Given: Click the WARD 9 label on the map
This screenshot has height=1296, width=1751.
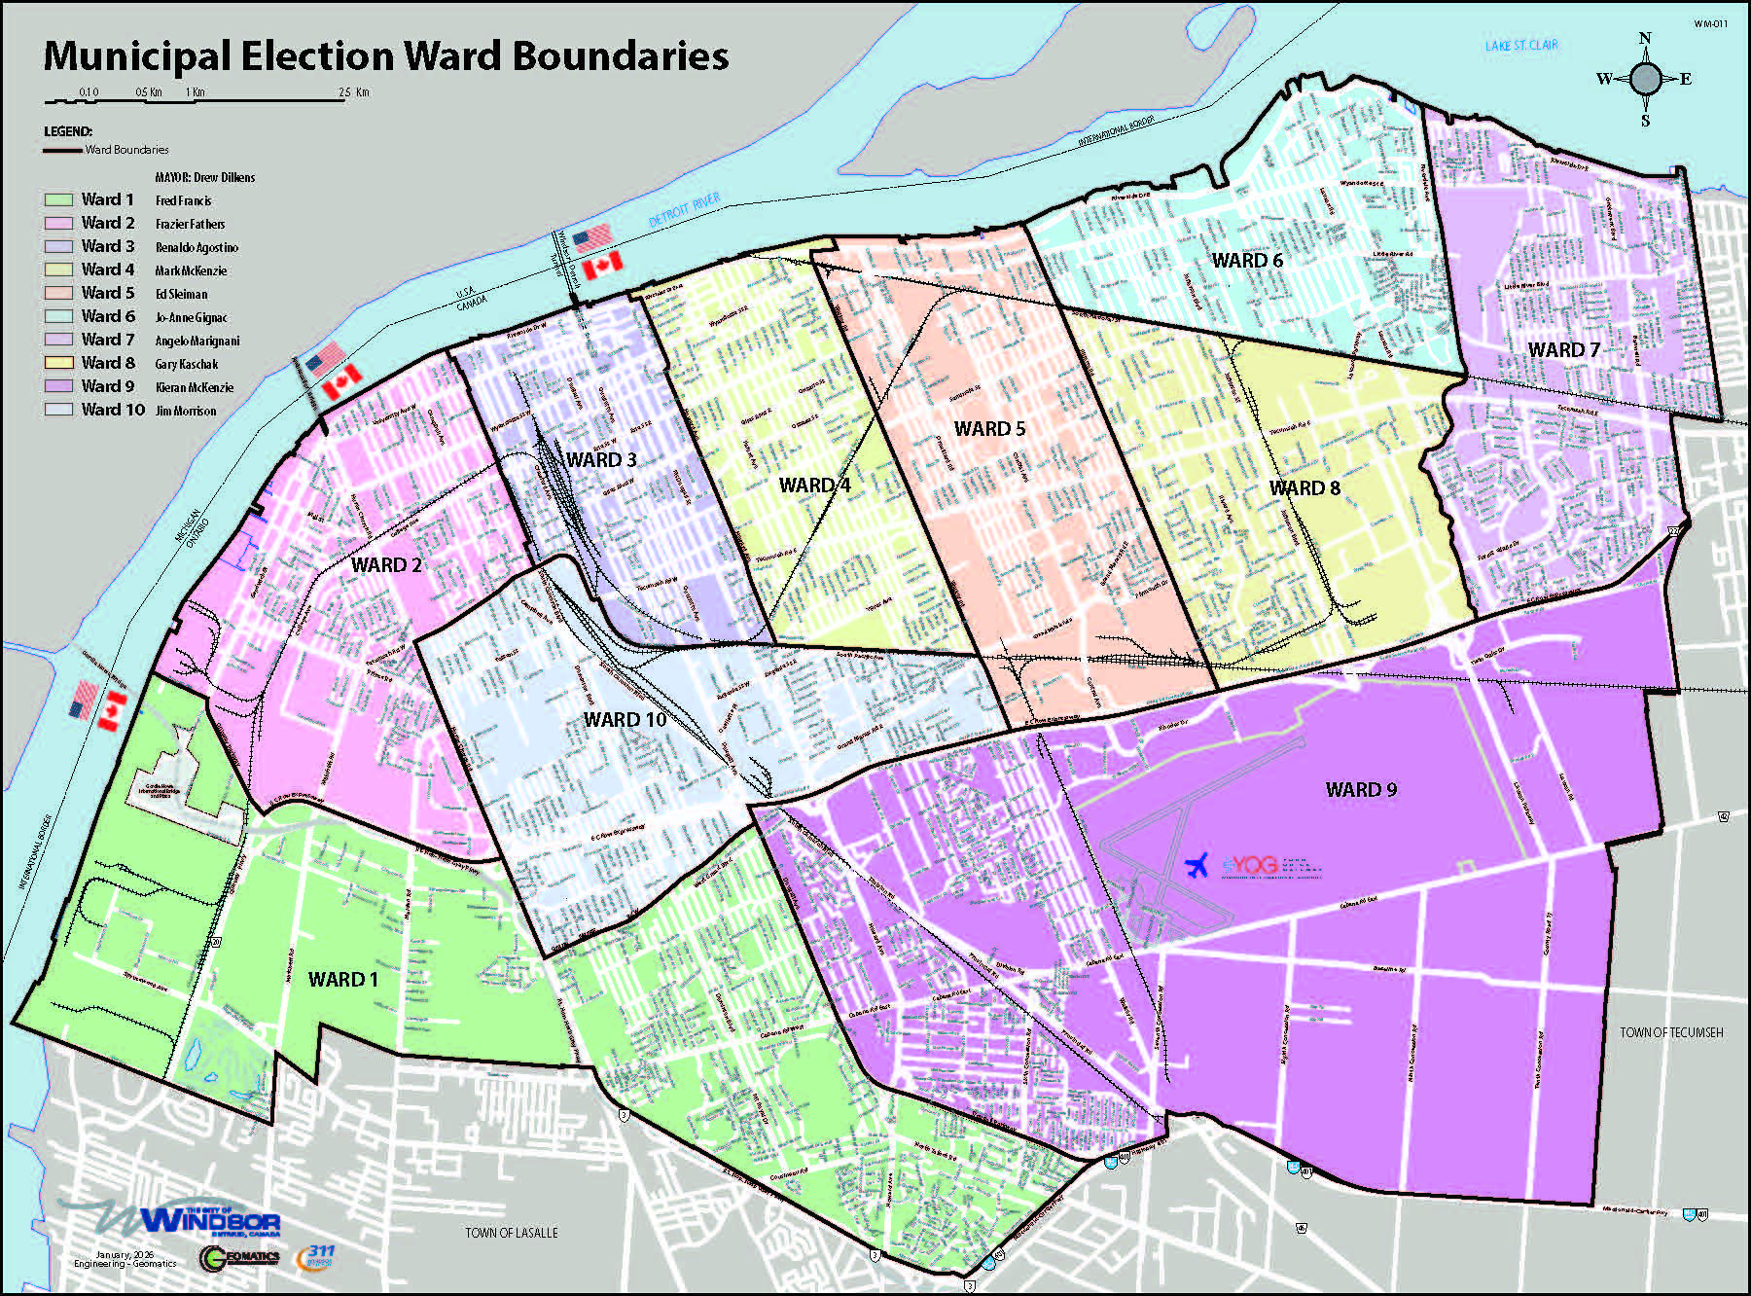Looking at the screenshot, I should point(1361,790).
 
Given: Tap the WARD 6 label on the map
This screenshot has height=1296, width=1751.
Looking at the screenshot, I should point(1246,261).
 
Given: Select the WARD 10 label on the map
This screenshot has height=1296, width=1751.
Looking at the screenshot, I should point(625,720).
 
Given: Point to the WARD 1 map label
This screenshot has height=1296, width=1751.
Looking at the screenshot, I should point(342,980).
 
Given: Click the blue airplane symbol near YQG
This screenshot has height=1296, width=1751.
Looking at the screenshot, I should point(1197,864).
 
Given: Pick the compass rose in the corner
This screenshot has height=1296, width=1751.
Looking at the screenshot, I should point(1645,79).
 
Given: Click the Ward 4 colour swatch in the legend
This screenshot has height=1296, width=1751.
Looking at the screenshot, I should point(58,270).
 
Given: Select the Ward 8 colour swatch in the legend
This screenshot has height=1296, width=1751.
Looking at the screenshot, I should point(58,363).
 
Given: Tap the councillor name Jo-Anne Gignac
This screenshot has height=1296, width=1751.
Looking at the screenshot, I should point(191,317).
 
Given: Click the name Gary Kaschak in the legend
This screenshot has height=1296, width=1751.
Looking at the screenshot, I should point(187,364).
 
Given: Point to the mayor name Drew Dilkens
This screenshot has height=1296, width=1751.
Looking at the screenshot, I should point(224,177).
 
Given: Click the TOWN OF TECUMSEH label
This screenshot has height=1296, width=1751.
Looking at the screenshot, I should point(1670,1032).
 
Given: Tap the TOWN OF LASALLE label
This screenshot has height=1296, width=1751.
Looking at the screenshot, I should point(511,1233).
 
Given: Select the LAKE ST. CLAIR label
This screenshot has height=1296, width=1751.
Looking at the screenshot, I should point(1520,46).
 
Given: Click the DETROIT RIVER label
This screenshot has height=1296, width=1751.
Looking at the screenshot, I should point(685,209).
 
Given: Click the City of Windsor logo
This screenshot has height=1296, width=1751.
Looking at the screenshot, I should point(195,1220).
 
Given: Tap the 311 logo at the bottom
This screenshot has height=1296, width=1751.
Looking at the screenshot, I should point(317,1255).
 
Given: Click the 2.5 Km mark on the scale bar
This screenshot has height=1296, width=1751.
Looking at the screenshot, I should point(353,92).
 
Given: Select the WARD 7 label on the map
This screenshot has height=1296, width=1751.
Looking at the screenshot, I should point(1563,350).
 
